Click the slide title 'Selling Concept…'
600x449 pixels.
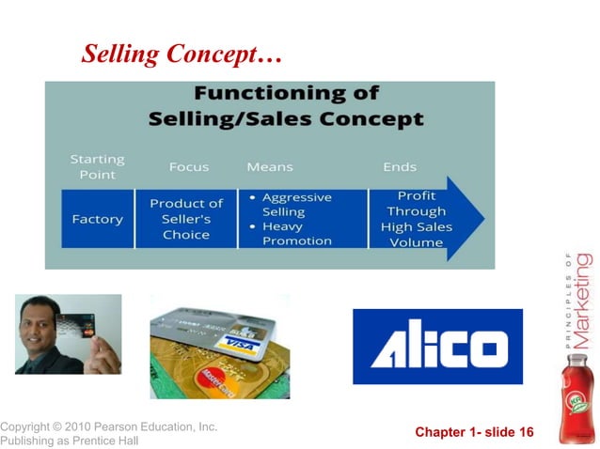(182, 54)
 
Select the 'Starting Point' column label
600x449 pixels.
(97, 167)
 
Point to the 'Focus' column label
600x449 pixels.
(189, 167)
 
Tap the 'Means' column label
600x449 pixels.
(270, 167)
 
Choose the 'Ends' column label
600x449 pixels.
(400, 167)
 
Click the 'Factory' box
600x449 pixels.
(98, 219)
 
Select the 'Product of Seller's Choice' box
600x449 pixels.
(186, 219)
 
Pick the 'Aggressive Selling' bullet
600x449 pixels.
(295, 205)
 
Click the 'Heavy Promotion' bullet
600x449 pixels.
(295, 233)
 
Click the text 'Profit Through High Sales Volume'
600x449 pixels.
(416, 219)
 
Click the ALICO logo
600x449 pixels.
(437, 347)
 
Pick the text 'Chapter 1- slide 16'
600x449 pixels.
(474, 432)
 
